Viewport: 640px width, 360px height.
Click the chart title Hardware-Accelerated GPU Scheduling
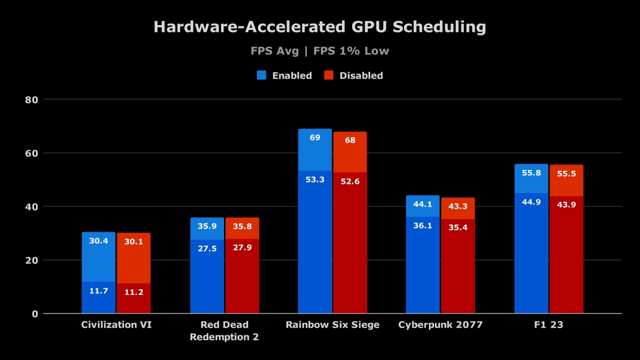coord(319,27)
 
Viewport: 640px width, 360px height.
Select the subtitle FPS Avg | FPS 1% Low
coord(319,51)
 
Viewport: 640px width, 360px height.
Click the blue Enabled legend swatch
coord(261,75)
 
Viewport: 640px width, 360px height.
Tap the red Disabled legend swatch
coord(328,75)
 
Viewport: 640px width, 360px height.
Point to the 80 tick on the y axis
coord(31,99)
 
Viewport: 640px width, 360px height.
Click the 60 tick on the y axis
coord(31,153)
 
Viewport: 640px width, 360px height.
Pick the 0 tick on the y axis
coord(34,314)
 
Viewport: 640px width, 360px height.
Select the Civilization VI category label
coord(116,325)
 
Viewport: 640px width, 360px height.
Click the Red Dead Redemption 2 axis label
coord(224,331)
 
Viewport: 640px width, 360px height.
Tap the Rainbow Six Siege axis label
coord(332,325)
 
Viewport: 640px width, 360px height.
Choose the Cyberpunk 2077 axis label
coord(440,325)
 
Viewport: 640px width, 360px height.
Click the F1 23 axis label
coord(548,325)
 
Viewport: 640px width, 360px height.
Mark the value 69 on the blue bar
coord(315,137)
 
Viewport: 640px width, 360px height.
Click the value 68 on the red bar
coord(350,140)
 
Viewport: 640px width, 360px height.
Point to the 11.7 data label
coord(98,291)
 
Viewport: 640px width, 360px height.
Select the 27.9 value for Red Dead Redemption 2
coord(242,247)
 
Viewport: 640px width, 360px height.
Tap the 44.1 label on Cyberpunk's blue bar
coord(422,204)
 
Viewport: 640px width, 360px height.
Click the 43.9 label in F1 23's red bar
coord(566,204)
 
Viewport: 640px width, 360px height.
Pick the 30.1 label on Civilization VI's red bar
coord(133,241)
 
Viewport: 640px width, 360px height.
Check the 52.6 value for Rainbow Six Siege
coord(350,181)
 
